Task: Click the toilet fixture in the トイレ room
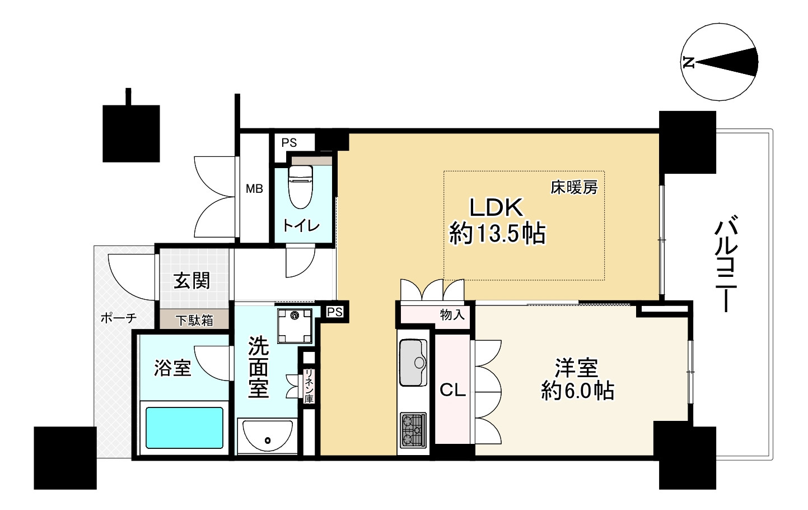[301, 187]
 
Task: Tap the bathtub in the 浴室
[184, 428]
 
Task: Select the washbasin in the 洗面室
[267, 435]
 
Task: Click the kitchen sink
[413, 363]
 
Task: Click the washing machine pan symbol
[295, 326]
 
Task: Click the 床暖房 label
[574, 187]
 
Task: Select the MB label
[254, 188]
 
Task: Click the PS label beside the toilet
[289, 143]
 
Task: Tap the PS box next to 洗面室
[334, 312]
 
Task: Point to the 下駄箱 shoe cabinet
[194, 320]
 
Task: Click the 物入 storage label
[452, 315]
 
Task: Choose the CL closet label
[452, 390]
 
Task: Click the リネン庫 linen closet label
[309, 386]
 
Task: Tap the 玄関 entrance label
[192, 280]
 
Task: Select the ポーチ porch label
[119, 318]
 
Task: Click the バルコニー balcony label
[725, 263]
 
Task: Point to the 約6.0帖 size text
[577, 391]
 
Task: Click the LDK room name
[496, 207]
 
